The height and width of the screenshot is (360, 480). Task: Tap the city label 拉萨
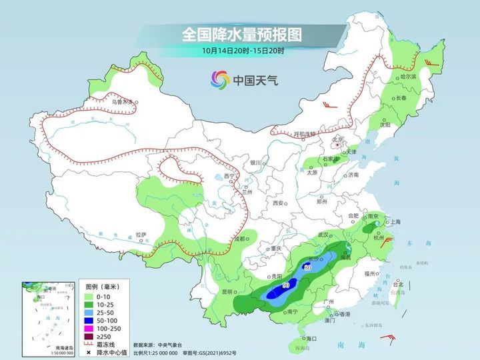click(141, 234)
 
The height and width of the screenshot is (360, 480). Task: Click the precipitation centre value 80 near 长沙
click(307, 267)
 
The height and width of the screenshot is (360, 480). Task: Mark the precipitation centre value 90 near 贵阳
click(286, 285)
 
